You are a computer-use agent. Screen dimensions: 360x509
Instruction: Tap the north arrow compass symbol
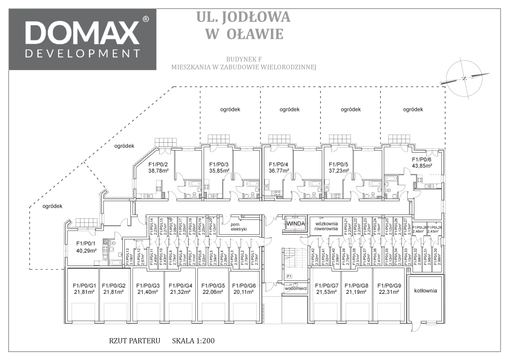(464, 79)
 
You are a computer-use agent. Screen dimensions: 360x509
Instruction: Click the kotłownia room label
(425, 291)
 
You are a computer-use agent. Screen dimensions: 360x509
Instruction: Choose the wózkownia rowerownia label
(326, 226)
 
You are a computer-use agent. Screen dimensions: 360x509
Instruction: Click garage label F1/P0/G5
(213, 285)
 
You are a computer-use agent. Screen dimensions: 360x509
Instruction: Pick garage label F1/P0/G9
(389, 285)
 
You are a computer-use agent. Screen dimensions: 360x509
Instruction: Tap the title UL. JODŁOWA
(243, 17)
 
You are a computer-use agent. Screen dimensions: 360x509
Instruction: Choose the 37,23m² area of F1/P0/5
(339, 171)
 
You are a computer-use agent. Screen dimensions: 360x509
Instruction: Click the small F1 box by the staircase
(289, 275)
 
